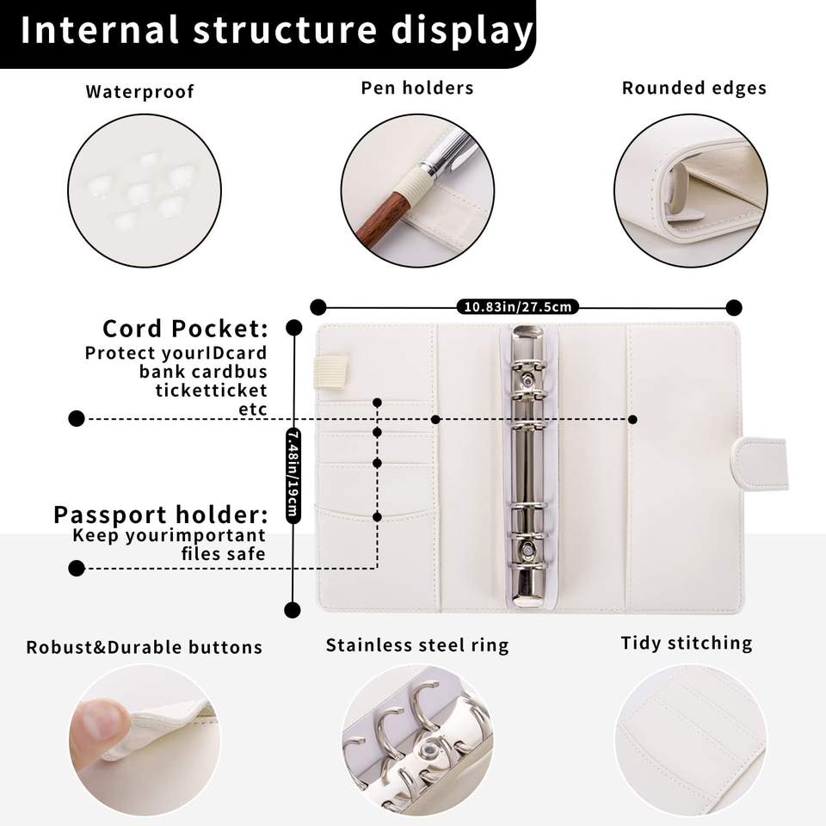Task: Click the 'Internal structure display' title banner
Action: [268, 34]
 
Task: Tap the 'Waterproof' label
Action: [139, 92]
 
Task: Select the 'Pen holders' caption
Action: [417, 88]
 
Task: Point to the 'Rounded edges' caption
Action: [693, 88]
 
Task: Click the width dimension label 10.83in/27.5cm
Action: [517, 306]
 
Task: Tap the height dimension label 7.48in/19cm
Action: [293, 475]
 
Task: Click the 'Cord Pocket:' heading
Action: [185, 328]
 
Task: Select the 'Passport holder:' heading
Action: [161, 515]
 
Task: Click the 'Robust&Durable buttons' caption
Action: [145, 647]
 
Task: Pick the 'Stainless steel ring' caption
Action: [417, 645]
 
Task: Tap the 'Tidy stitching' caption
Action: [687, 644]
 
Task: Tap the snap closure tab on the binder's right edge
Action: [759, 464]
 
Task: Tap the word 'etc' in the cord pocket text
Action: [253, 409]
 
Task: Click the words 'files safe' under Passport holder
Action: [224, 553]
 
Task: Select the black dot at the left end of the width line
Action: [318, 307]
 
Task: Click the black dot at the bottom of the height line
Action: [293, 610]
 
